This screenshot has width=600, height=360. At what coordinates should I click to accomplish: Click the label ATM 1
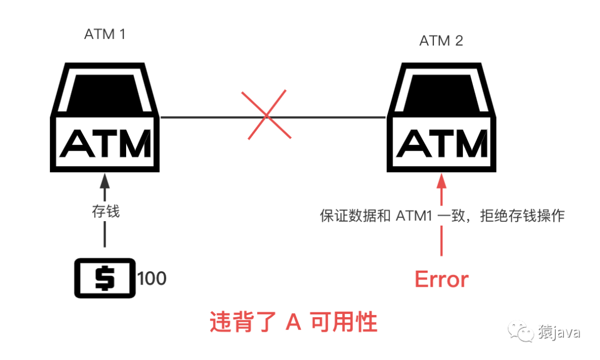[105, 34]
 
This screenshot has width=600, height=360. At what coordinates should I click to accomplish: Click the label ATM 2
[441, 41]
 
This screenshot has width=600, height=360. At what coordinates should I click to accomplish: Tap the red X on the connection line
[266, 115]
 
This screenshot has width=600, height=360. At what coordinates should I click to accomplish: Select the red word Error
[442, 279]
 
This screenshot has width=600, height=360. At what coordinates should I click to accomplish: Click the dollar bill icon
[105, 278]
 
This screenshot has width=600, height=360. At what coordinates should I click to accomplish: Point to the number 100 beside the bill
[152, 278]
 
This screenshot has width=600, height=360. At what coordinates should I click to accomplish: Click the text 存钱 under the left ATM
[106, 211]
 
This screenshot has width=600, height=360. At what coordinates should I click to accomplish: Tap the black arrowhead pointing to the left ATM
[105, 181]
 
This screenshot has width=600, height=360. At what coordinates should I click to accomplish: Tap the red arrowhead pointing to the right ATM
[442, 181]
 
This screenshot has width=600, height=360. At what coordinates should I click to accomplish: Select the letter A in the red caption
[293, 322]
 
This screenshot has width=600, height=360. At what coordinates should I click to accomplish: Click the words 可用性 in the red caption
[344, 322]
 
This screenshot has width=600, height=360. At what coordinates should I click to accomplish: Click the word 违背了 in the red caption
[243, 322]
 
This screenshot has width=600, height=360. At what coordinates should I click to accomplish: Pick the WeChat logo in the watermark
[521, 331]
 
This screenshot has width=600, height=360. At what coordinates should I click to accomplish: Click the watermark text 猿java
[559, 332]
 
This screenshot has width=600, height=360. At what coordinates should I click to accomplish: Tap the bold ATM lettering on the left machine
[106, 143]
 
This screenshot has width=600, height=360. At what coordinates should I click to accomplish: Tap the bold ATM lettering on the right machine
[442, 143]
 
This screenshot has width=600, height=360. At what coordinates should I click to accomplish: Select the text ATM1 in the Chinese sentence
[414, 216]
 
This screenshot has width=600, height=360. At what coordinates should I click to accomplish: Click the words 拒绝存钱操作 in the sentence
[522, 216]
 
